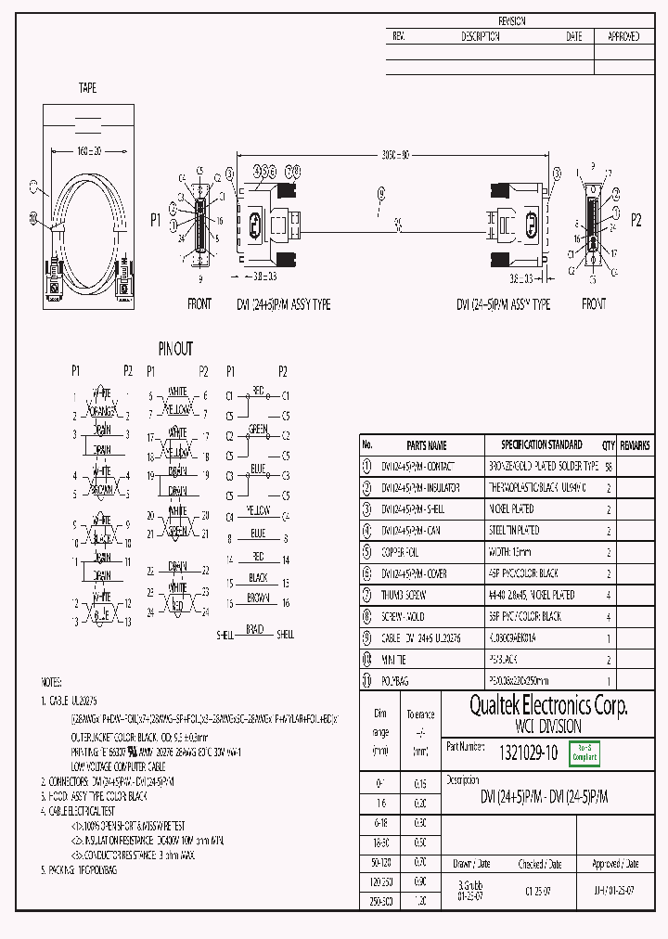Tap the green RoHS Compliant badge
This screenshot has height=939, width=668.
pos(584,753)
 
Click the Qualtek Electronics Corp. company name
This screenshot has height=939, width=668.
pos(547,706)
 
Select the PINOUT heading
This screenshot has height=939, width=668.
pos(175,349)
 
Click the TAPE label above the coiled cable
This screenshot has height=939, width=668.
pos(87,88)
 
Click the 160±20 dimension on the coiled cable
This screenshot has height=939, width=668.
pos(87,149)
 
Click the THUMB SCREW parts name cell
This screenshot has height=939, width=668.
pos(405,595)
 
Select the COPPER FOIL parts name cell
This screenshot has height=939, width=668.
pos(404,552)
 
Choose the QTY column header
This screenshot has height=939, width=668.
pos(609,445)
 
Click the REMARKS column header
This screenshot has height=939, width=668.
pos(636,445)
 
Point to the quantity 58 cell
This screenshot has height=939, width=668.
pos(609,467)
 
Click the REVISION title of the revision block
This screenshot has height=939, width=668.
pos(511,20)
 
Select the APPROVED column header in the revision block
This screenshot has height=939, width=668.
pos(623,37)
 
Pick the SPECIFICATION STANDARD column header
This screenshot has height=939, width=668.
pos(542,445)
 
